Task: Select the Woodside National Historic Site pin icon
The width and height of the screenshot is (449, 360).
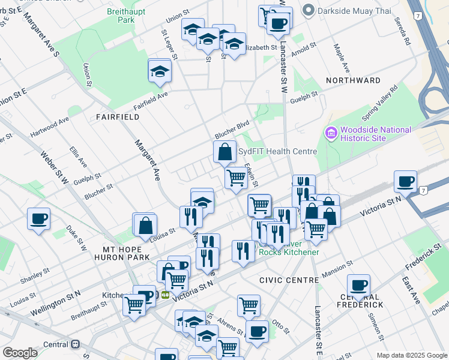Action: tap(331, 133)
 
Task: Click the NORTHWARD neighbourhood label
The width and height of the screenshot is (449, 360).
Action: tap(353, 80)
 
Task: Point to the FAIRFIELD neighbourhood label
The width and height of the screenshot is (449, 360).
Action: tap(118, 117)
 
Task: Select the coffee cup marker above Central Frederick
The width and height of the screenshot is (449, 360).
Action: tap(359, 284)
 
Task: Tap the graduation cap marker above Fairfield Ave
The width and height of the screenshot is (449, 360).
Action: tap(160, 71)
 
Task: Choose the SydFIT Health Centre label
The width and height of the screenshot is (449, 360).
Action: tap(277, 151)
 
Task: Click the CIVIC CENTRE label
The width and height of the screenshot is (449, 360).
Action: tap(289, 280)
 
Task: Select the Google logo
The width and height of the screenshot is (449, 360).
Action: tap(20, 352)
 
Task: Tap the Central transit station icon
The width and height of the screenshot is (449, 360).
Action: tap(76, 344)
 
